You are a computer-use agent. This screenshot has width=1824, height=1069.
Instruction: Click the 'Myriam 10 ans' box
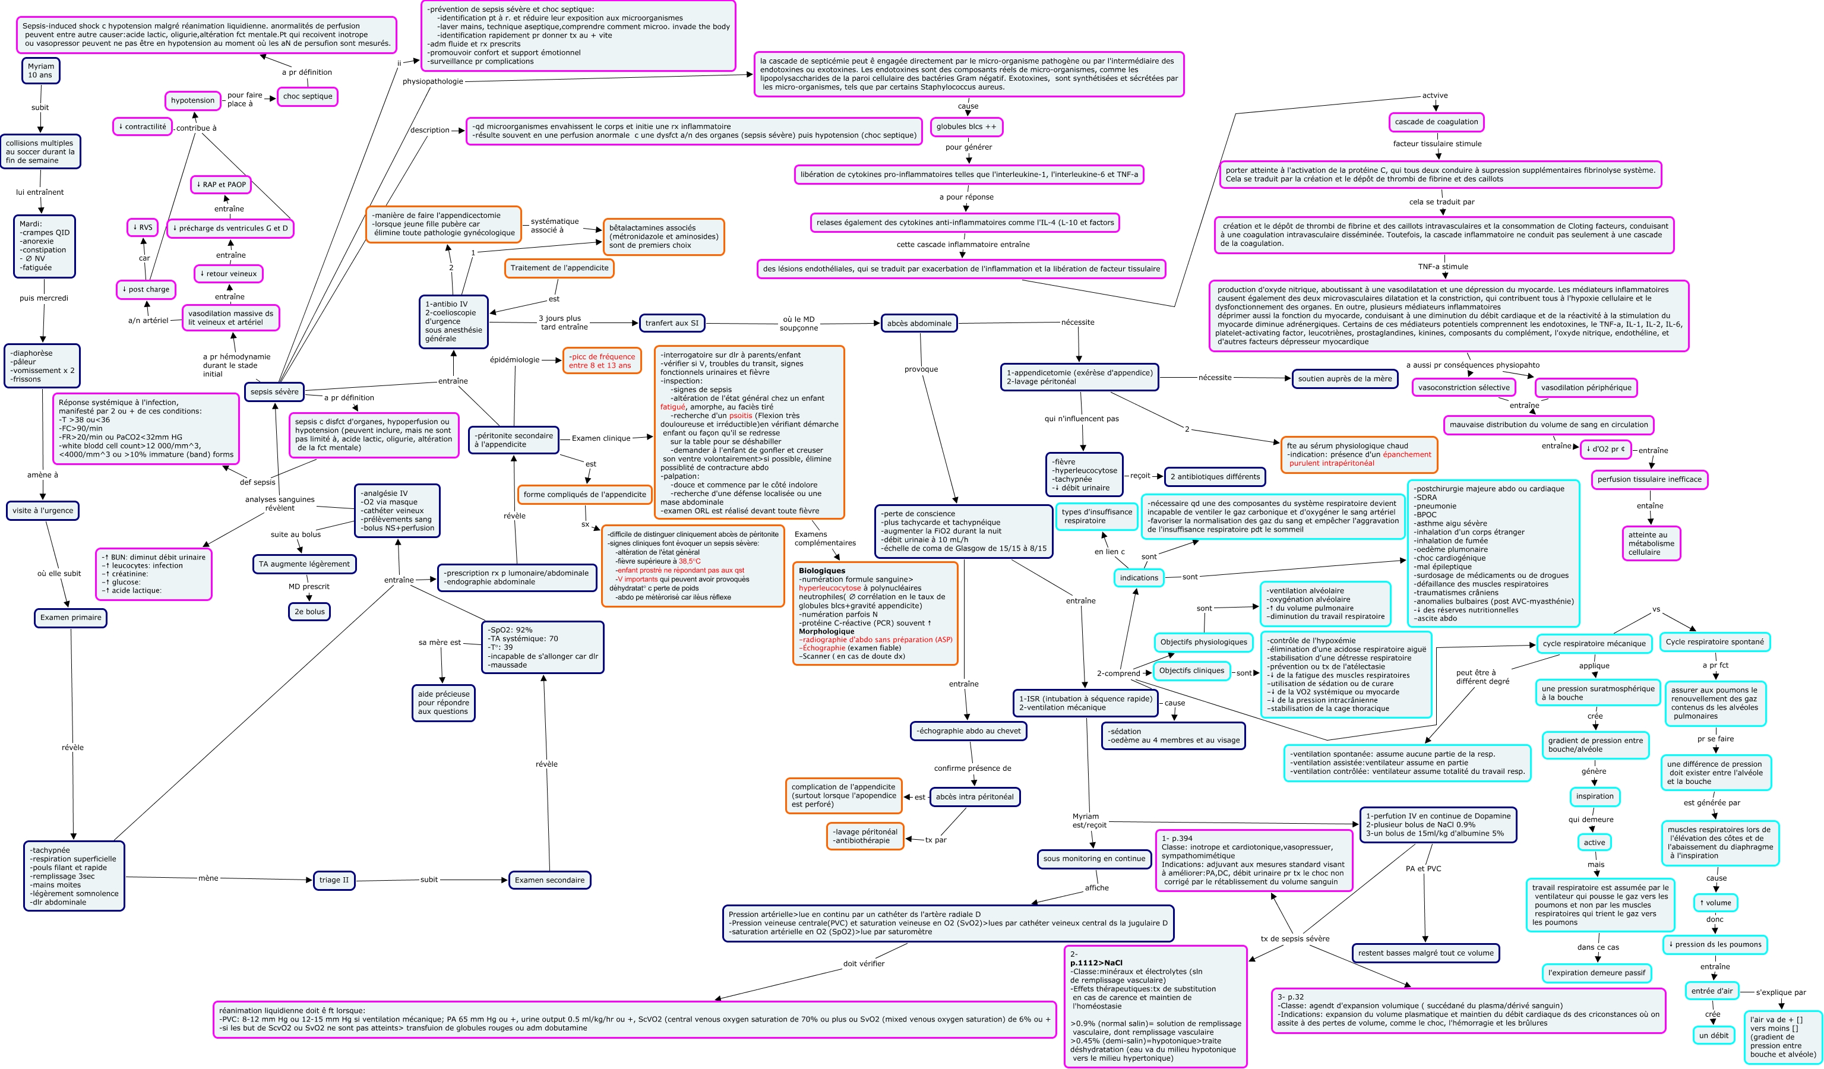(x=40, y=71)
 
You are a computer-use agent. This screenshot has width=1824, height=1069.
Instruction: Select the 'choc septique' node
(x=308, y=96)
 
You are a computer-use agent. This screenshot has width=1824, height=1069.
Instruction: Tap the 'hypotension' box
(x=192, y=100)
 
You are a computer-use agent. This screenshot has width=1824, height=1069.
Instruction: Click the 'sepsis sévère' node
(x=274, y=391)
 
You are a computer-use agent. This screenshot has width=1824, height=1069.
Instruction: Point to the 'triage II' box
(x=334, y=880)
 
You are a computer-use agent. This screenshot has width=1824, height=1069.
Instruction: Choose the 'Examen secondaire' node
(x=549, y=880)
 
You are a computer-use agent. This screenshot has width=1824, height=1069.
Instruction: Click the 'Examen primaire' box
(x=70, y=618)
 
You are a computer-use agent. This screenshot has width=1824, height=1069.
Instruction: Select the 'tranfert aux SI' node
(x=672, y=323)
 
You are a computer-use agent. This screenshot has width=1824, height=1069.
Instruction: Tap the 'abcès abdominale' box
(x=919, y=324)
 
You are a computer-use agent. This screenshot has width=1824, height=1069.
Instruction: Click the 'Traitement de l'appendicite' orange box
(x=559, y=268)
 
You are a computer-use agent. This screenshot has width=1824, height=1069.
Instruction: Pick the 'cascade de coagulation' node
(x=1436, y=122)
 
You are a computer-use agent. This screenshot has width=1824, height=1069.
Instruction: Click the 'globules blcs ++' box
(x=966, y=126)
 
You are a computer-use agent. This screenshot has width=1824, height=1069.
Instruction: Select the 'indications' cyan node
(x=1139, y=578)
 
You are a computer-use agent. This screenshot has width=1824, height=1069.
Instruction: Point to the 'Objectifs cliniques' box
(x=1191, y=671)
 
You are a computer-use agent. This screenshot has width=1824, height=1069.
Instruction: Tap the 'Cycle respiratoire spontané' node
(x=1714, y=641)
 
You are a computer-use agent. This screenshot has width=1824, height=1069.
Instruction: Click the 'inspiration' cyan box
(x=1595, y=796)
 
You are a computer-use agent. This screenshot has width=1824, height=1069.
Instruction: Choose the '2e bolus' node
(x=309, y=612)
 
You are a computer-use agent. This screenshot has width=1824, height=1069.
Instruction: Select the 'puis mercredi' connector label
(x=43, y=298)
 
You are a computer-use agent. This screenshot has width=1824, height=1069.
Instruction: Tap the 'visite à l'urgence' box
(x=43, y=510)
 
